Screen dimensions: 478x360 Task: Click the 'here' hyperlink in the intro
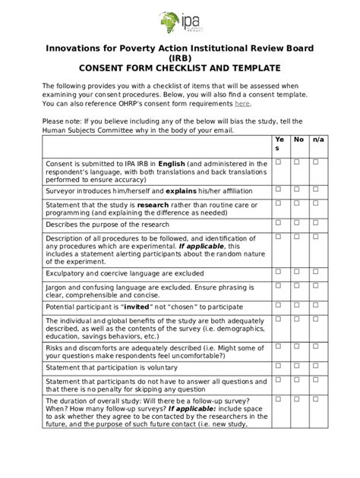point(242,104)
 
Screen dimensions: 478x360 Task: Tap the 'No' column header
point(298,140)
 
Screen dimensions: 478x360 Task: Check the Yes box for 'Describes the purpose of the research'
point(278,222)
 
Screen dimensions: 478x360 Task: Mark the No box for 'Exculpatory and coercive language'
point(298,270)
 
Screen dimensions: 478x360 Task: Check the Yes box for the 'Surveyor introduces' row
point(278,188)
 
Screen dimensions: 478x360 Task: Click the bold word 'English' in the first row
point(172,163)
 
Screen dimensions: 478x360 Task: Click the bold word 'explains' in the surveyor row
point(181,191)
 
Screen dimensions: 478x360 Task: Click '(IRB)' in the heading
point(180,58)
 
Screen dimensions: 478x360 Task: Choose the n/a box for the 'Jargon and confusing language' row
point(316,286)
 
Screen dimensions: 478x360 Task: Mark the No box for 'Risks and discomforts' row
point(298,345)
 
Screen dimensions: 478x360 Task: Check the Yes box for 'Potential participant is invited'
point(278,305)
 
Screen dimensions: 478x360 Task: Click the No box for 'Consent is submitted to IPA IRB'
point(298,162)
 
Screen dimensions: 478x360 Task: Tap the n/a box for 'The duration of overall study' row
point(316,398)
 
